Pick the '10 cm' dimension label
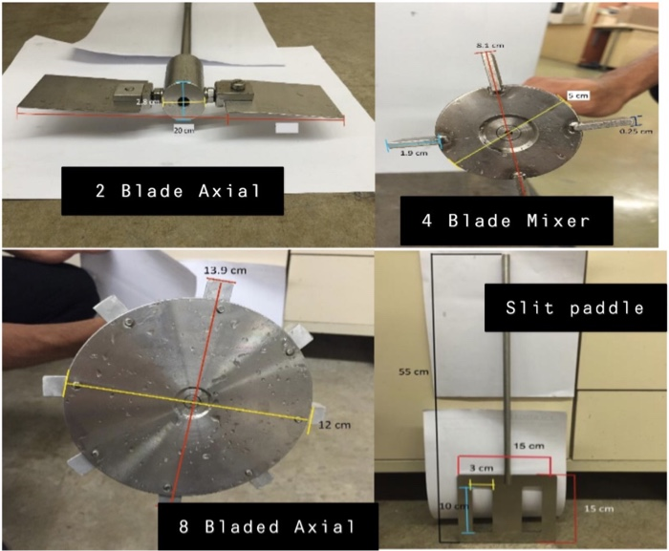click(448, 503)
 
